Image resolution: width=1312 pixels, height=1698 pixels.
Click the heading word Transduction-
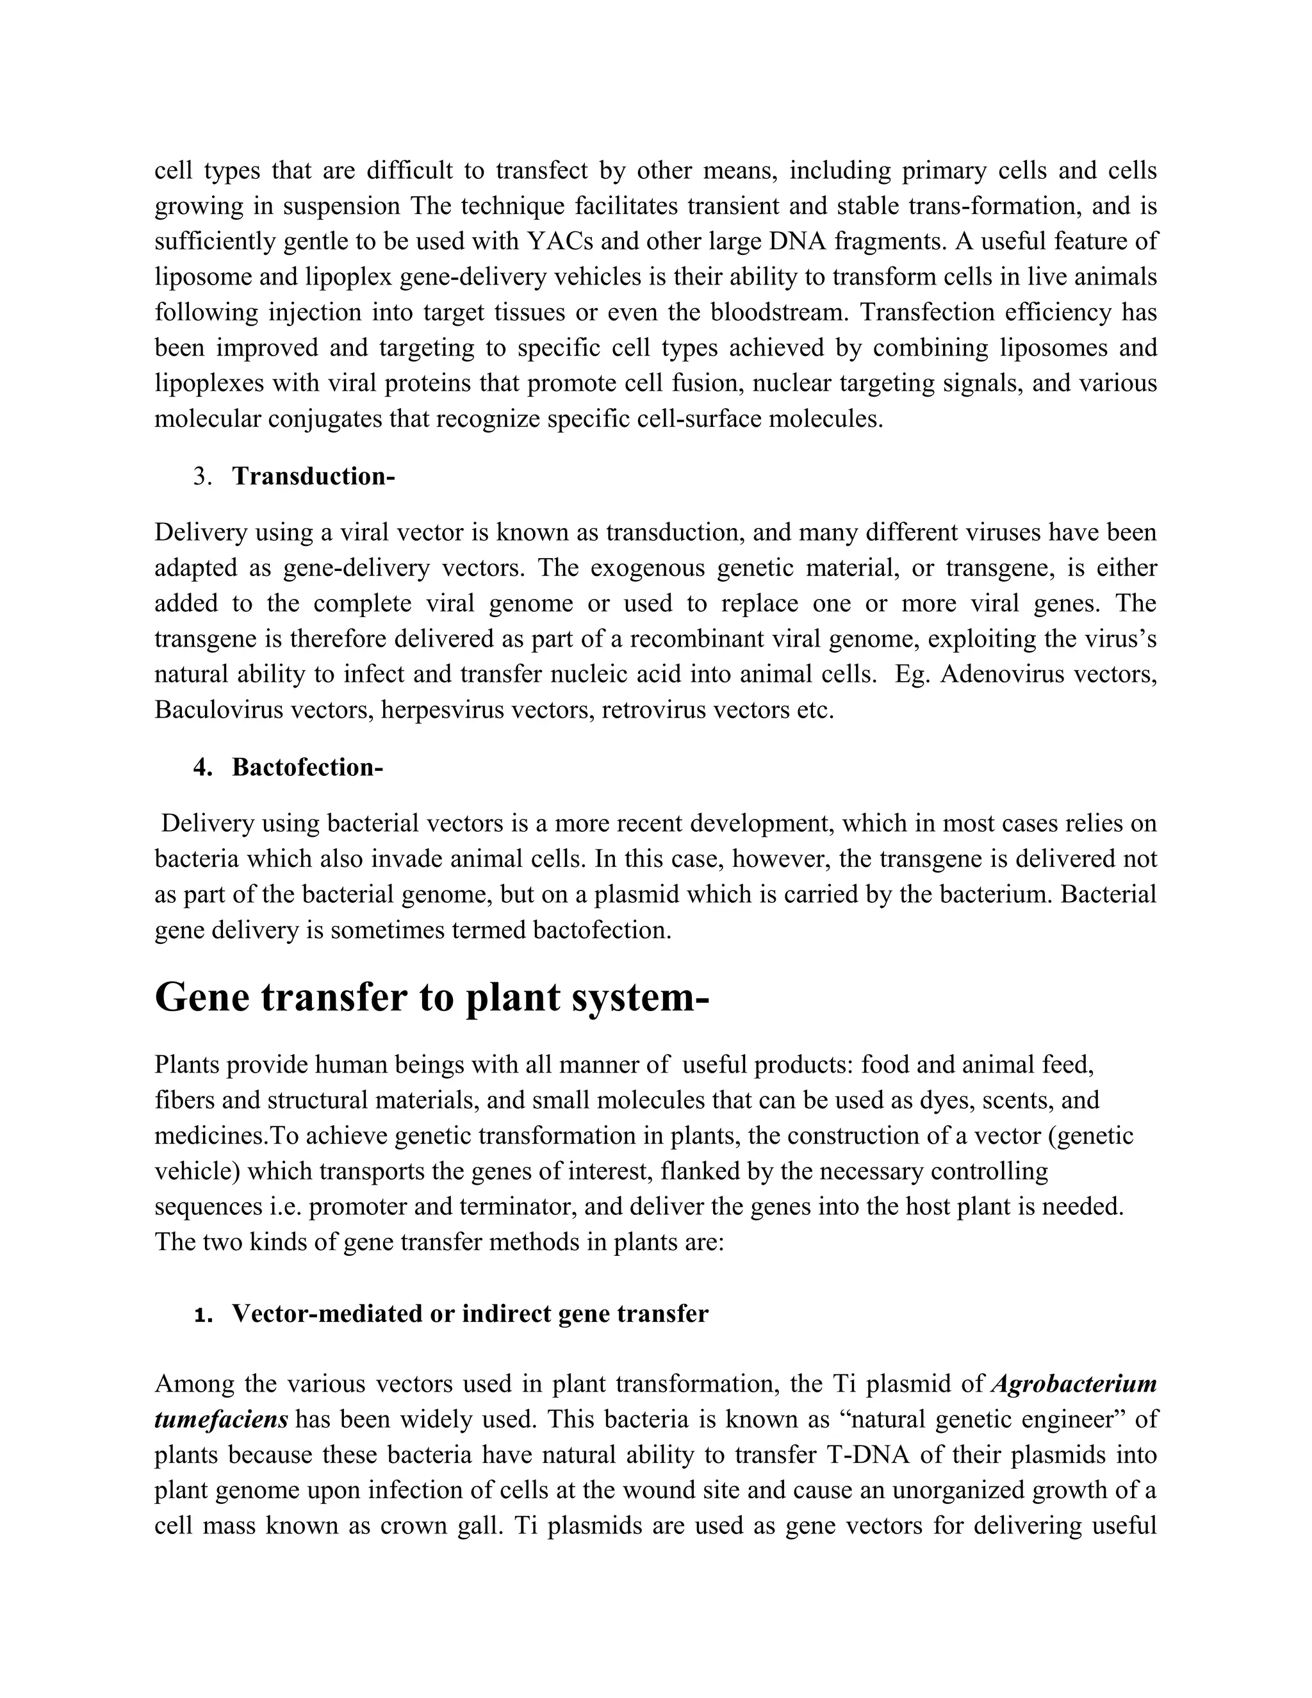(x=313, y=477)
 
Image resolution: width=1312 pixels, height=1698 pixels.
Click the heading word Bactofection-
(x=307, y=768)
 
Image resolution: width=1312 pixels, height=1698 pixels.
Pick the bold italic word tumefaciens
(x=222, y=1420)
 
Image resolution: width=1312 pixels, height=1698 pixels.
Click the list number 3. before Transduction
(x=203, y=477)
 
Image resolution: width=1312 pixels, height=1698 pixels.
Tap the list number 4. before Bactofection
(x=203, y=768)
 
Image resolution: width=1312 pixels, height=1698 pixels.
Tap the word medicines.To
(x=222, y=1136)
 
